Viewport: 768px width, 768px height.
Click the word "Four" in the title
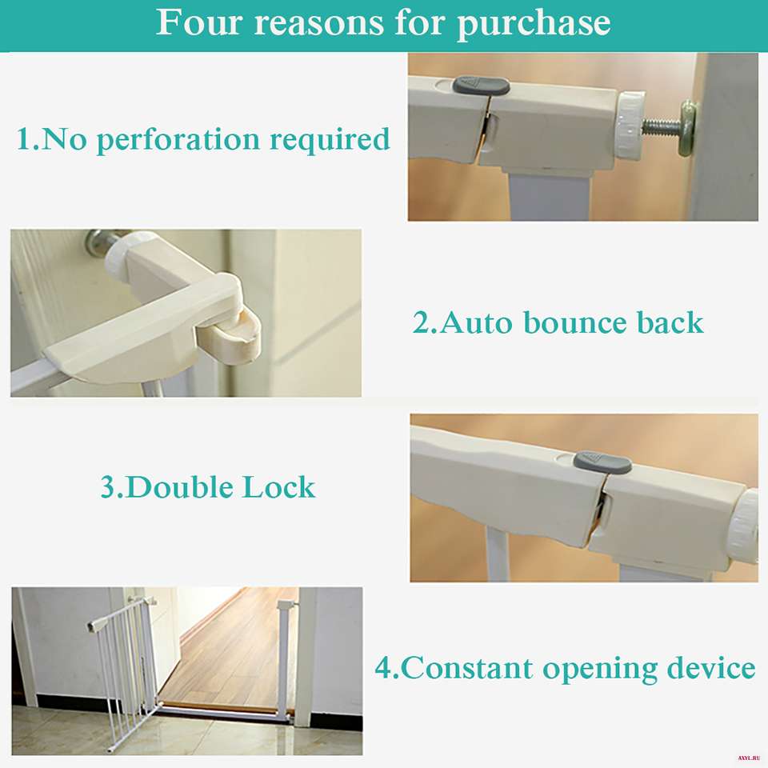[199, 22]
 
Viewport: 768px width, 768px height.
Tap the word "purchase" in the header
[534, 25]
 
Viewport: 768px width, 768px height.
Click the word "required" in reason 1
[330, 141]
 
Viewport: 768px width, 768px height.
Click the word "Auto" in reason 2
[477, 322]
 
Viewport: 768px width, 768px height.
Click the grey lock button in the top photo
[481, 86]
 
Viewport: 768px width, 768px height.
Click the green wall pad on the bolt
[688, 127]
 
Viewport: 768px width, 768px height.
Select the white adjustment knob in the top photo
[629, 125]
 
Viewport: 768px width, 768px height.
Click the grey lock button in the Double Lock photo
[602, 462]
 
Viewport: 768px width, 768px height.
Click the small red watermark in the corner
[749, 758]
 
